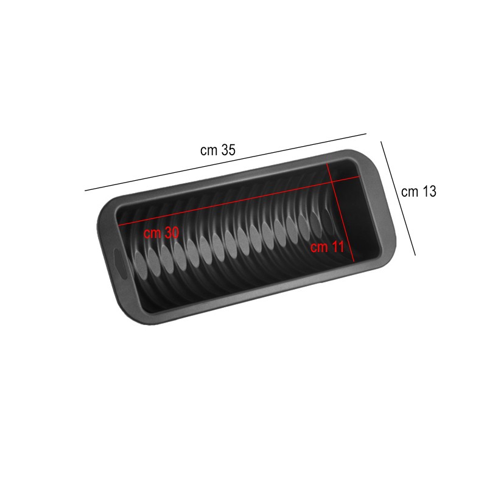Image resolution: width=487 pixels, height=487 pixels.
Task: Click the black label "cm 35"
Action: pyautogui.click(x=218, y=150)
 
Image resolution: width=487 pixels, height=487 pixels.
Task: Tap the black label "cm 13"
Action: pyautogui.click(x=419, y=191)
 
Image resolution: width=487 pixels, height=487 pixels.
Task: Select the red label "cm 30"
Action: pyautogui.click(x=161, y=233)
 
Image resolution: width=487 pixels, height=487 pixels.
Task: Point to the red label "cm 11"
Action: pyautogui.click(x=328, y=247)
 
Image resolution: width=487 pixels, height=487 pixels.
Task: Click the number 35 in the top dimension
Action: pyautogui.click(x=228, y=150)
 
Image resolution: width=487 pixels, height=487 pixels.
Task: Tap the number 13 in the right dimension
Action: pyautogui.click(x=429, y=191)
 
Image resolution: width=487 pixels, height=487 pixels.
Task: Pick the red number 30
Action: pyautogui.click(x=172, y=233)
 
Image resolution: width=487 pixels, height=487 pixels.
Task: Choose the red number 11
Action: pyautogui.click(x=338, y=247)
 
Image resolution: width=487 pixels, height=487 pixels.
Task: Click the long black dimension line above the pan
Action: pyautogui.click(x=225, y=162)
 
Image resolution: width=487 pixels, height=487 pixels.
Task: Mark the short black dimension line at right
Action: pyautogui.click(x=398, y=198)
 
